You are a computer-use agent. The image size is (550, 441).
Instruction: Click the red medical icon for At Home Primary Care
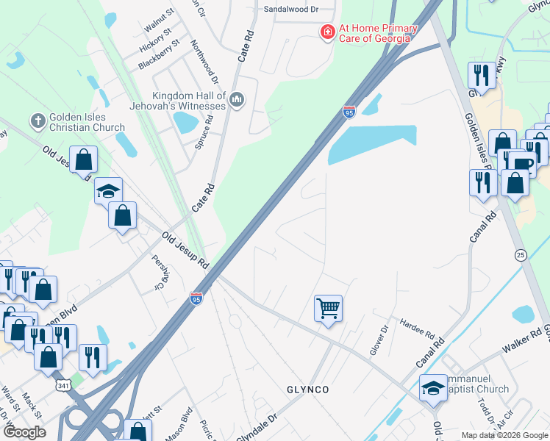coord(326,32)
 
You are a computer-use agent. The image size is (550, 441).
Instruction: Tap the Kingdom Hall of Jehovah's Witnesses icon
coord(237,100)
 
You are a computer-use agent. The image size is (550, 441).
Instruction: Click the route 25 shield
coord(521,254)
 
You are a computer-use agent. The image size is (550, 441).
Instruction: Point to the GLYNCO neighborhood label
coord(307,389)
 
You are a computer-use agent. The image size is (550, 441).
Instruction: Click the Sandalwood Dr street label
coord(291,10)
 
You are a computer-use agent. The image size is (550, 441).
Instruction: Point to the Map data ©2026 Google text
coord(504,435)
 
